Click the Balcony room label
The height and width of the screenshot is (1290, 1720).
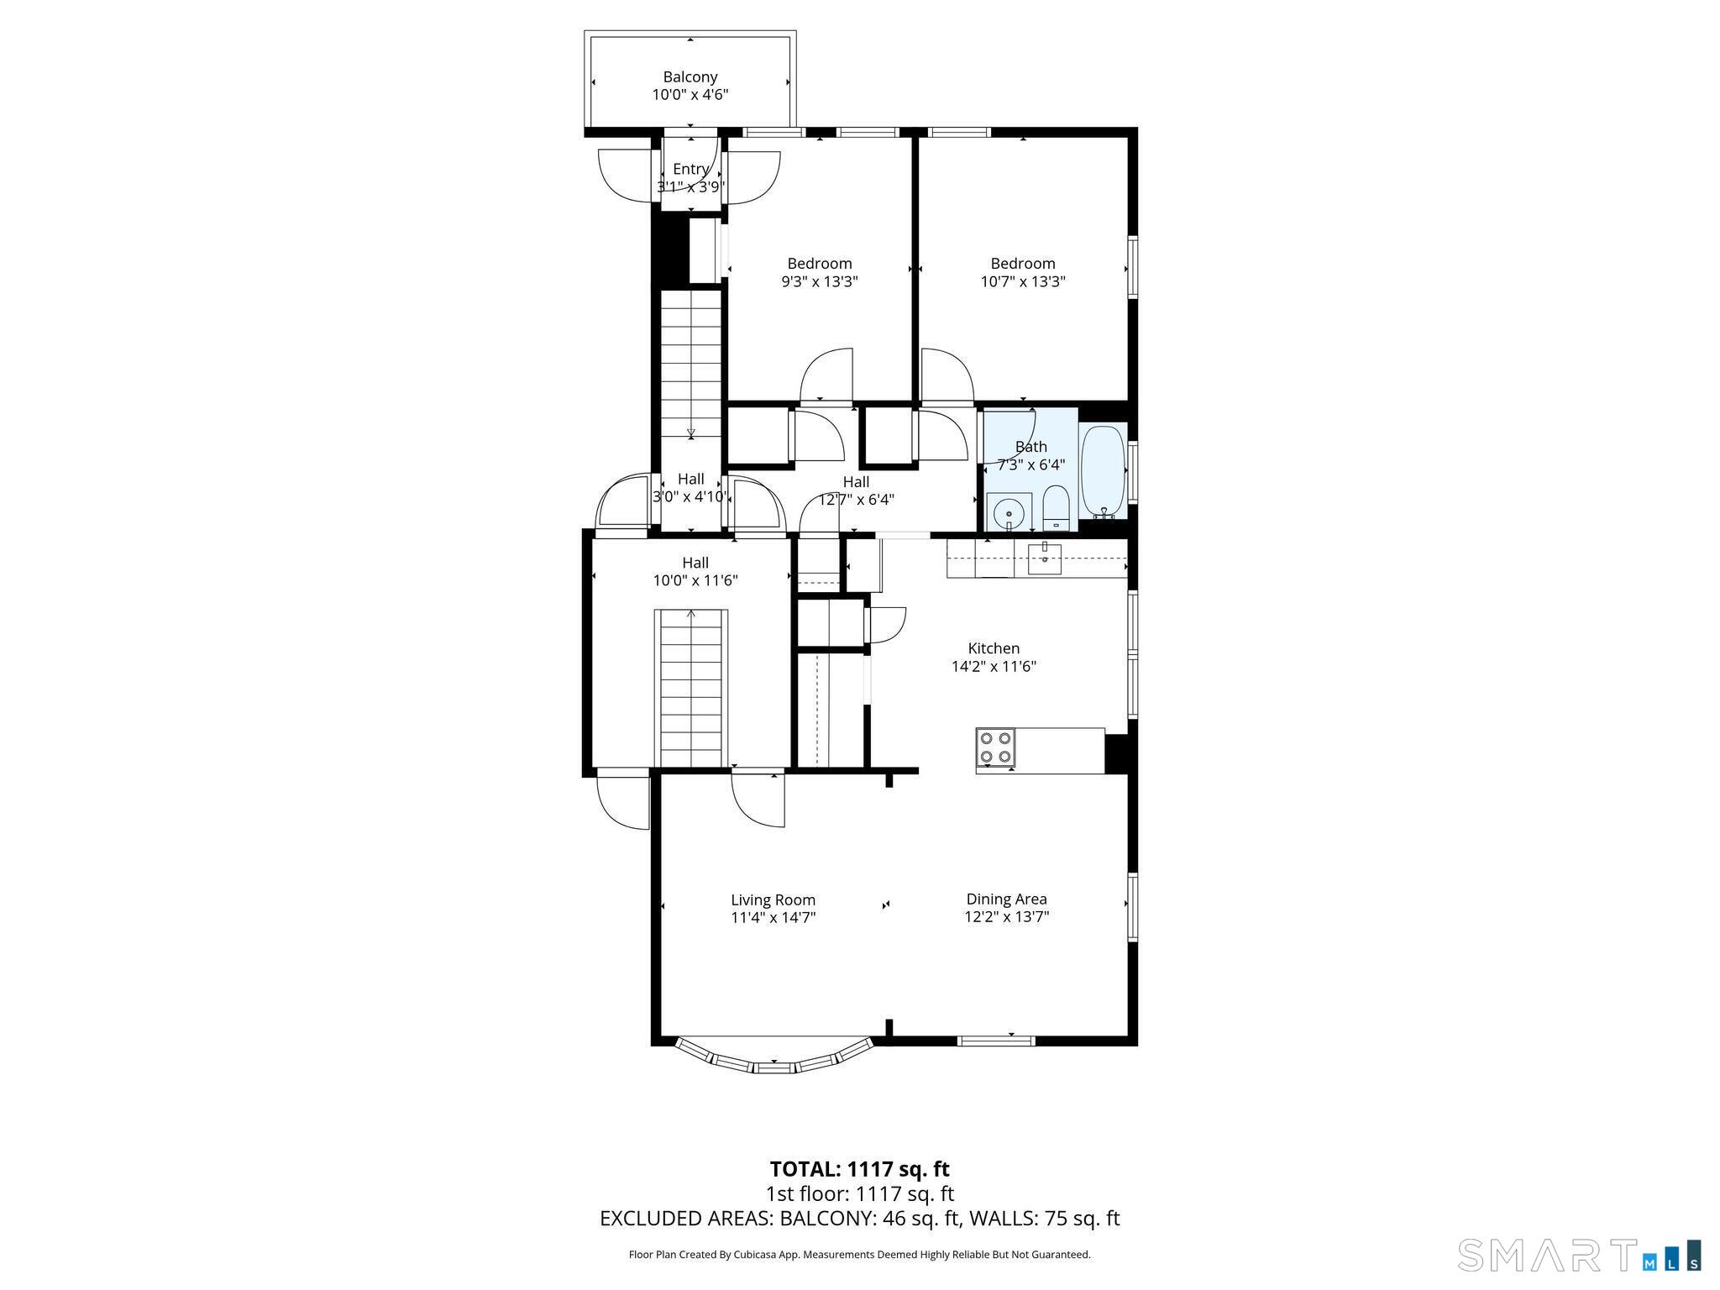690,77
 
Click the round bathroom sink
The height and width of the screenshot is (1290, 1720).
1009,512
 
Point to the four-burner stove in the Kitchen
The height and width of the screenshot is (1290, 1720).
996,748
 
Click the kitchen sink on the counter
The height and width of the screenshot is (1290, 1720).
1044,558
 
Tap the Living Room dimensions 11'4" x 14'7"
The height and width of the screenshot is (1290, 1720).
773,918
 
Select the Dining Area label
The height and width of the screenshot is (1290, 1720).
1006,899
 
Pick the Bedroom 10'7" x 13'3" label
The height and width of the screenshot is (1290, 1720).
1022,264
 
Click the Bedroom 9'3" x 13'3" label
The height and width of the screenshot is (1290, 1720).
819,264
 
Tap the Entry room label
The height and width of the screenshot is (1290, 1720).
690,170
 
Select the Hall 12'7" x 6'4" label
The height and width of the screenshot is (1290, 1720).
856,482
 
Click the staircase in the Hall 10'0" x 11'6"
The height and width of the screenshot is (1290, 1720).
690,689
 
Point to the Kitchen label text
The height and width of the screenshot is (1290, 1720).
994,648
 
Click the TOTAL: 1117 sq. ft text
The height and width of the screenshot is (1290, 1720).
859,1169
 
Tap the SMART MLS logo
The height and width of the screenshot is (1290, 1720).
1578,1255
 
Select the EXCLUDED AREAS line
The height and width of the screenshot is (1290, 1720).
859,1219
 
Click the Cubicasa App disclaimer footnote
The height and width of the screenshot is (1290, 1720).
859,1255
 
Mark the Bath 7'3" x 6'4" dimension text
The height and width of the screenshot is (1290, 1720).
1030,464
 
